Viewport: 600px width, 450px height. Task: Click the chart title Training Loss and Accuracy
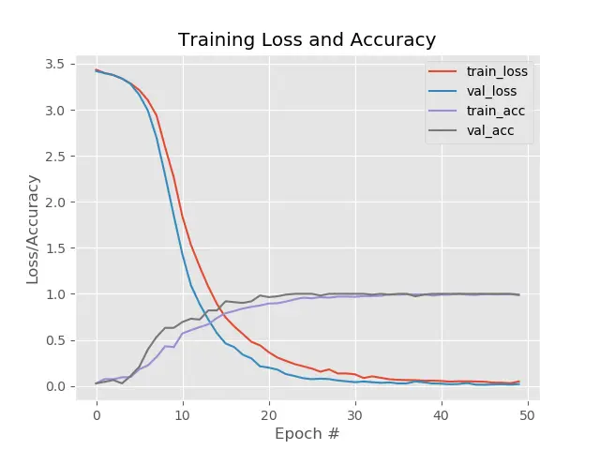[307, 40]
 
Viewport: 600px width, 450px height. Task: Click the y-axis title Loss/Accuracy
[33, 229]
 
